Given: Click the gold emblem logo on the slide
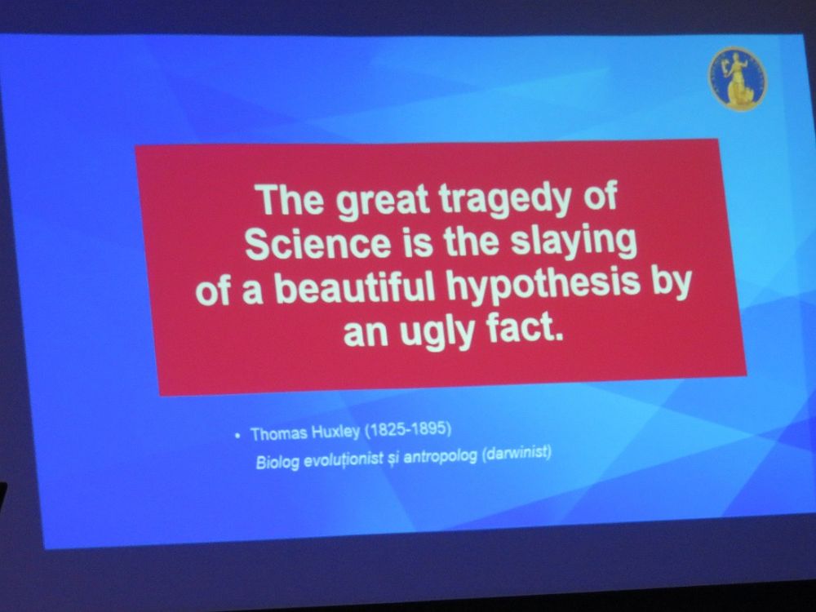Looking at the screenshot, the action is click(x=738, y=78).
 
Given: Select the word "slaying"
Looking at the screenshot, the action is click(x=573, y=243).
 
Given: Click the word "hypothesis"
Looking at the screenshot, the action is click(x=543, y=286).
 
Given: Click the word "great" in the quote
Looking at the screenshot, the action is click(x=383, y=201).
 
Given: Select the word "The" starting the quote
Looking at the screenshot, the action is click(x=290, y=200).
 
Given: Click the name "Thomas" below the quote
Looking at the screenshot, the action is click(x=279, y=434).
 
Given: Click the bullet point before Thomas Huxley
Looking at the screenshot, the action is click(x=237, y=435).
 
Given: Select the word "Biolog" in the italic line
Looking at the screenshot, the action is click(x=277, y=462).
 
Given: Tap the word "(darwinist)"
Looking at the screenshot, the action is click(x=517, y=454).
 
